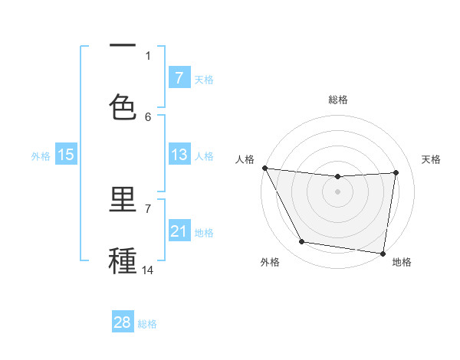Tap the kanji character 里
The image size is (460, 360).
(123, 201)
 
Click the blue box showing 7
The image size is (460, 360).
(179, 77)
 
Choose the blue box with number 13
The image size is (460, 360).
(179, 155)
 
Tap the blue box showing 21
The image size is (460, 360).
(179, 231)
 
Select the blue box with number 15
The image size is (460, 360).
(66, 155)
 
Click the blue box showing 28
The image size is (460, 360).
(123, 322)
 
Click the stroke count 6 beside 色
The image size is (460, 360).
(148, 116)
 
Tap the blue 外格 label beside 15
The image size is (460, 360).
(41, 155)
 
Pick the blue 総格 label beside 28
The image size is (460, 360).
(147, 323)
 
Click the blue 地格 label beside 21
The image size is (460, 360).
(204, 232)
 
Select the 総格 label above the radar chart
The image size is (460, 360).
(338, 100)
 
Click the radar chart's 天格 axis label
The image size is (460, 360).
(432, 159)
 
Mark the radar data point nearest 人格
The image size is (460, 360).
(264, 168)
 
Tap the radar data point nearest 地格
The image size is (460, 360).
(383, 253)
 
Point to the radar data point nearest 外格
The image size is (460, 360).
(302, 242)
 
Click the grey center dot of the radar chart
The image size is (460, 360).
(338, 191)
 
